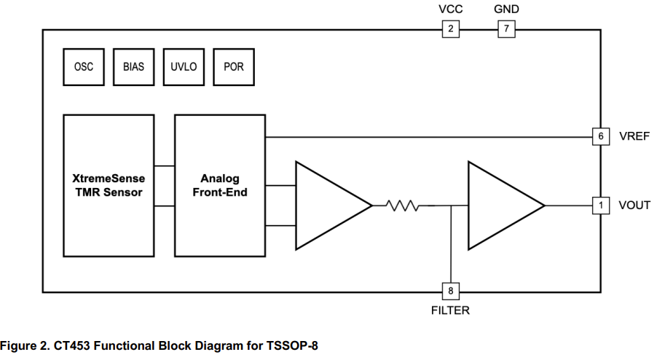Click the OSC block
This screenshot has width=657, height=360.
pyautogui.click(x=84, y=67)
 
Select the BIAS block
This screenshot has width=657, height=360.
pyautogui.click(x=134, y=67)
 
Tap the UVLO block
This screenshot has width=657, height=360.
pyautogui.click(x=184, y=67)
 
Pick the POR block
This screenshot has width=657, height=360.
pyautogui.click(x=234, y=67)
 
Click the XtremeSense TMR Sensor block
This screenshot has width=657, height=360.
pyautogui.click(x=109, y=186)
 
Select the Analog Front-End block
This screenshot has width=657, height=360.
pyautogui.click(x=220, y=186)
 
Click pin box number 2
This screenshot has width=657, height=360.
pyautogui.click(x=451, y=29)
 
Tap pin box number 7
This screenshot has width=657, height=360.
pyautogui.click(x=506, y=29)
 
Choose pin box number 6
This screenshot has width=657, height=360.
pyautogui.click(x=601, y=136)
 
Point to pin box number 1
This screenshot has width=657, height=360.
pyautogui.click(x=601, y=206)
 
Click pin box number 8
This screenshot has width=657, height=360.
pyautogui.click(x=451, y=291)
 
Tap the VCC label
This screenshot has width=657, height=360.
pyautogui.click(x=451, y=9)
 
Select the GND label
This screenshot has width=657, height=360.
pyautogui.click(x=506, y=9)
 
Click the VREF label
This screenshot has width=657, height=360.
pyautogui.click(x=634, y=136)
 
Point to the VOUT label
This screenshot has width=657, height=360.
pyautogui.click(x=634, y=206)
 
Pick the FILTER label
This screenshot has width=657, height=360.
pyautogui.click(x=450, y=310)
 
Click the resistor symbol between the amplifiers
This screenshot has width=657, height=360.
pyautogui.click(x=403, y=206)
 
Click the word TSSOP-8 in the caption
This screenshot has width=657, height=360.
pyautogui.click(x=292, y=345)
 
